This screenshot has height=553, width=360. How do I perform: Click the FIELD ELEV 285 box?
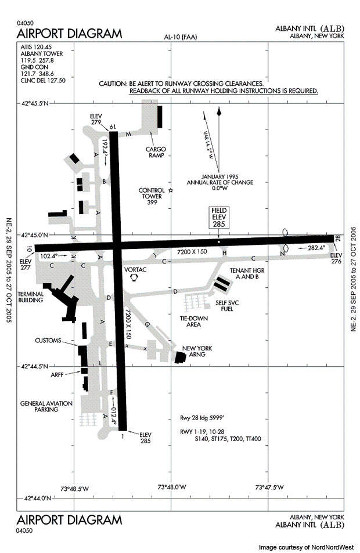click(218, 217)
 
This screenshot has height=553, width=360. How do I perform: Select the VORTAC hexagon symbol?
click(135, 279)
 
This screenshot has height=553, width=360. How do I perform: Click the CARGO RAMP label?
click(156, 151)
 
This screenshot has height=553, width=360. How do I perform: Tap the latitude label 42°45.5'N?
click(35, 104)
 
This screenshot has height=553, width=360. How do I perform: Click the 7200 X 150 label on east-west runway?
click(192, 252)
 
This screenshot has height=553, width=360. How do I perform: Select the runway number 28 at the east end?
click(337, 238)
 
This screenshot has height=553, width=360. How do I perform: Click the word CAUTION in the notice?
click(112, 84)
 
